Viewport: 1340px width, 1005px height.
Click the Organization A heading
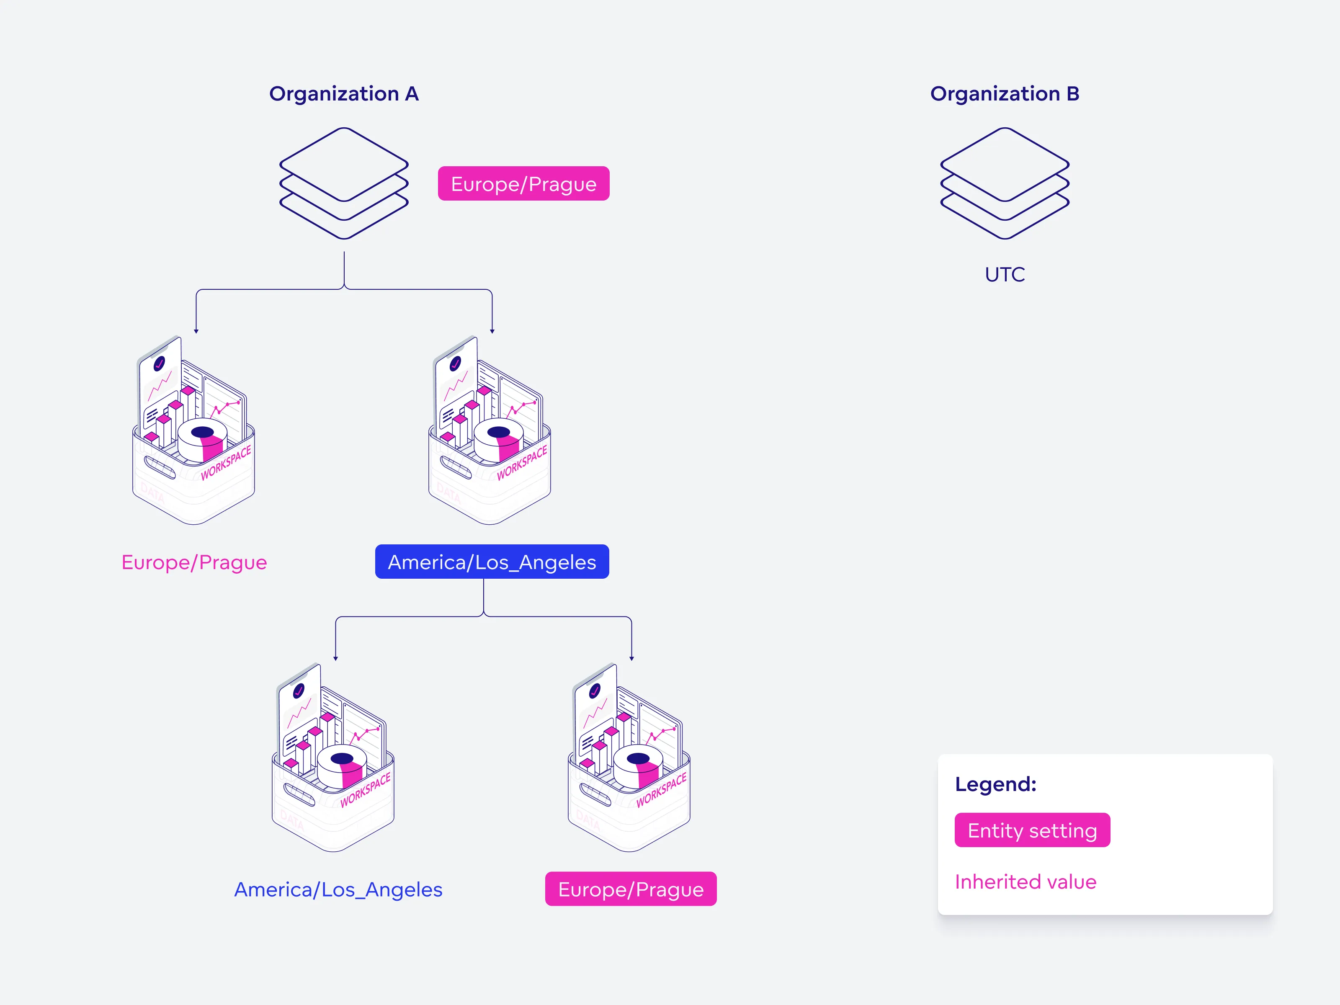click(343, 94)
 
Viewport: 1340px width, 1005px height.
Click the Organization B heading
click(1005, 94)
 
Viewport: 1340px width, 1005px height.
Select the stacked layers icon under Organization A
click(343, 183)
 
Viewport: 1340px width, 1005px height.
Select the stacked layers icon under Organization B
click(1005, 183)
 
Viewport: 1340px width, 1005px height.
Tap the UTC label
click(1005, 274)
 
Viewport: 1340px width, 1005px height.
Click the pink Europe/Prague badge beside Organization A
click(523, 183)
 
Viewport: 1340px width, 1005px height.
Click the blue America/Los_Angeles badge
click(492, 562)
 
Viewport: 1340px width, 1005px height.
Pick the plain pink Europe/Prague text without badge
click(194, 562)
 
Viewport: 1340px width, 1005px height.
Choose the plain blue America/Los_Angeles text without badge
click(338, 889)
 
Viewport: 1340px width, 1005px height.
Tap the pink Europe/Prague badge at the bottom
click(631, 889)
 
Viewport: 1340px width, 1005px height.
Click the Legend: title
click(995, 784)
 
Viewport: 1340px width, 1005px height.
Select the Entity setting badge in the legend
click(1032, 830)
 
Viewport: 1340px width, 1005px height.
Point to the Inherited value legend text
click(1026, 882)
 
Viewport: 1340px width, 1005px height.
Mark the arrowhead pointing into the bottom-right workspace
click(631, 658)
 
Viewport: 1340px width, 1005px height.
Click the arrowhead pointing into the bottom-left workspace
click(335, 658)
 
